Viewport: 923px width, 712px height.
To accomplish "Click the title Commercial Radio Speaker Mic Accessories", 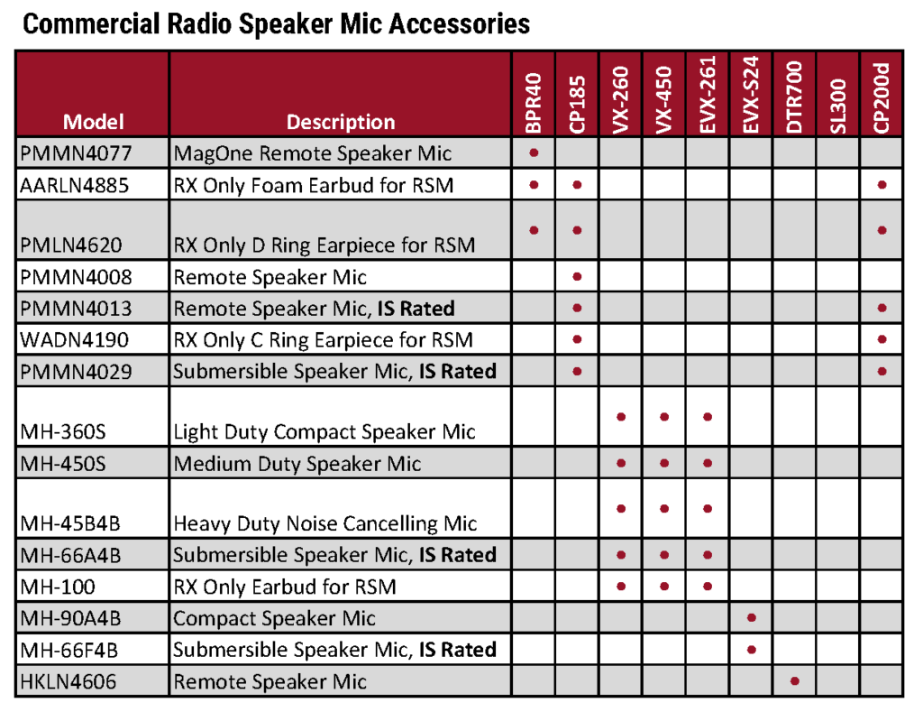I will click(x=276, y=24).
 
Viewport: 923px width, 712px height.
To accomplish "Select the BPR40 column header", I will click(x=534, y=102).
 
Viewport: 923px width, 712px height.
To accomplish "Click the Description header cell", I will click(x=340, y=122).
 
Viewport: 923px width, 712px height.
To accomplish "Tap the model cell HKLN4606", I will click(x=71, y=681).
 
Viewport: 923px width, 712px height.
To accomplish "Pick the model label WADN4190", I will click(x=75, y=340).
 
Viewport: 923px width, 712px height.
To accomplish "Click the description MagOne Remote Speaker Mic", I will click(x=312, y=153).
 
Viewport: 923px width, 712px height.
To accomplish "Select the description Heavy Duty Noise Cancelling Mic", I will click(x=324, y=523).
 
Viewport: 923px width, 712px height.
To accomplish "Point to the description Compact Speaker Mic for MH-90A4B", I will click(x=274, y=618).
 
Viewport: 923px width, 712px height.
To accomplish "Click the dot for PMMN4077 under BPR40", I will click(x=534, y=153).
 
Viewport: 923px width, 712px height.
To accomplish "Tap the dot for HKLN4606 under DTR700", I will click(x=794, y=680).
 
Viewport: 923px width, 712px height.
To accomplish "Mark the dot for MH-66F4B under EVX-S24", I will click(x=751, y=649).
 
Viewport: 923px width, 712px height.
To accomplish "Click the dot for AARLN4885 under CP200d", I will click(x=882, y=184).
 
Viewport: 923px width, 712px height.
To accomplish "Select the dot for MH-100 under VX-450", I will click(x=664, y=586).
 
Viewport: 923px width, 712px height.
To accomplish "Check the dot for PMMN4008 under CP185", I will click(x=578, y=276).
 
